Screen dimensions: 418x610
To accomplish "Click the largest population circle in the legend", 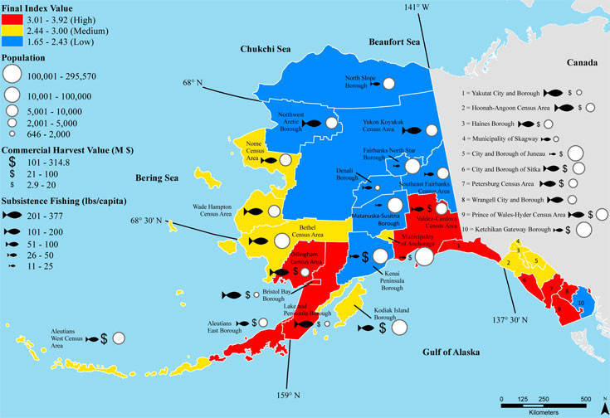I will click(12, 75).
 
